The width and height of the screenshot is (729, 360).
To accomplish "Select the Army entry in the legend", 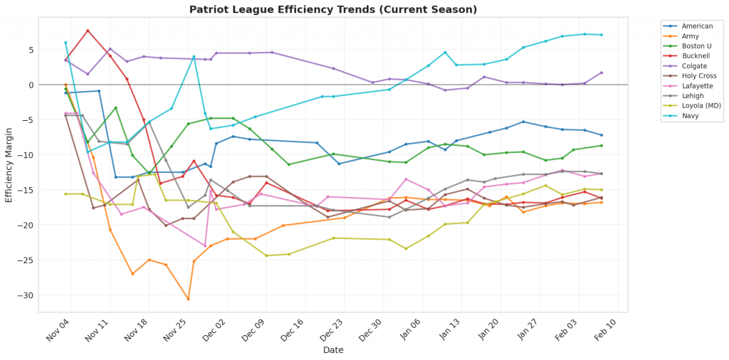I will coord(688,36).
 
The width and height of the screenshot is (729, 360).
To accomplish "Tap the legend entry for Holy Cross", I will coord(693,75).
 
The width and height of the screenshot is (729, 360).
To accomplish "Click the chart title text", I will coord(333,9).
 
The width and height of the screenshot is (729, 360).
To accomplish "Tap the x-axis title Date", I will coord(333,350).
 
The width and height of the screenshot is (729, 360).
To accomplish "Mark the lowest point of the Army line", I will coord(188,299).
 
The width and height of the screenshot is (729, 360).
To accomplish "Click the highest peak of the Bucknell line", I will coord(88,31).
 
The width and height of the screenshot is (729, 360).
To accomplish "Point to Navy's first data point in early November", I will coord(65,43).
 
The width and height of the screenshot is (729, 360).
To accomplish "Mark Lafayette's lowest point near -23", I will coord(205,246).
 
